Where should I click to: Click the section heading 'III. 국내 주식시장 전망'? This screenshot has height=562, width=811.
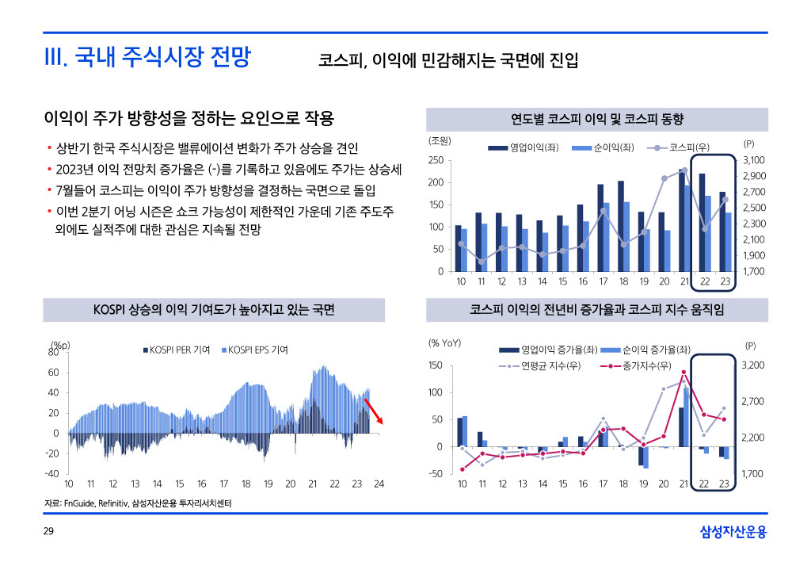pos(147,58)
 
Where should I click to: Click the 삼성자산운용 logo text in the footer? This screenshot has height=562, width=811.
pos(733,532)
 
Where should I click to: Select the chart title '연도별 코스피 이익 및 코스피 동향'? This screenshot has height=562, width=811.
pos(597,120)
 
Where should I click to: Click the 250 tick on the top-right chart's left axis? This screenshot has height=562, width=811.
pos(436,160)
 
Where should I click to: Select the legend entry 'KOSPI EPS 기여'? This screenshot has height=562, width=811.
pos(257,350)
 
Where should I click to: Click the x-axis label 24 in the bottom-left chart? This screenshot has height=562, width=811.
pos(379,484)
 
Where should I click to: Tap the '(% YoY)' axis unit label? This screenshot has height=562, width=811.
pos(445,343)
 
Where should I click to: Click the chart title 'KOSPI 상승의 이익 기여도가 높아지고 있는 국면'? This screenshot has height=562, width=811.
pos(214,310)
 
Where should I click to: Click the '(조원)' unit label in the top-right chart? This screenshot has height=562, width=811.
pos(440,141)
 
